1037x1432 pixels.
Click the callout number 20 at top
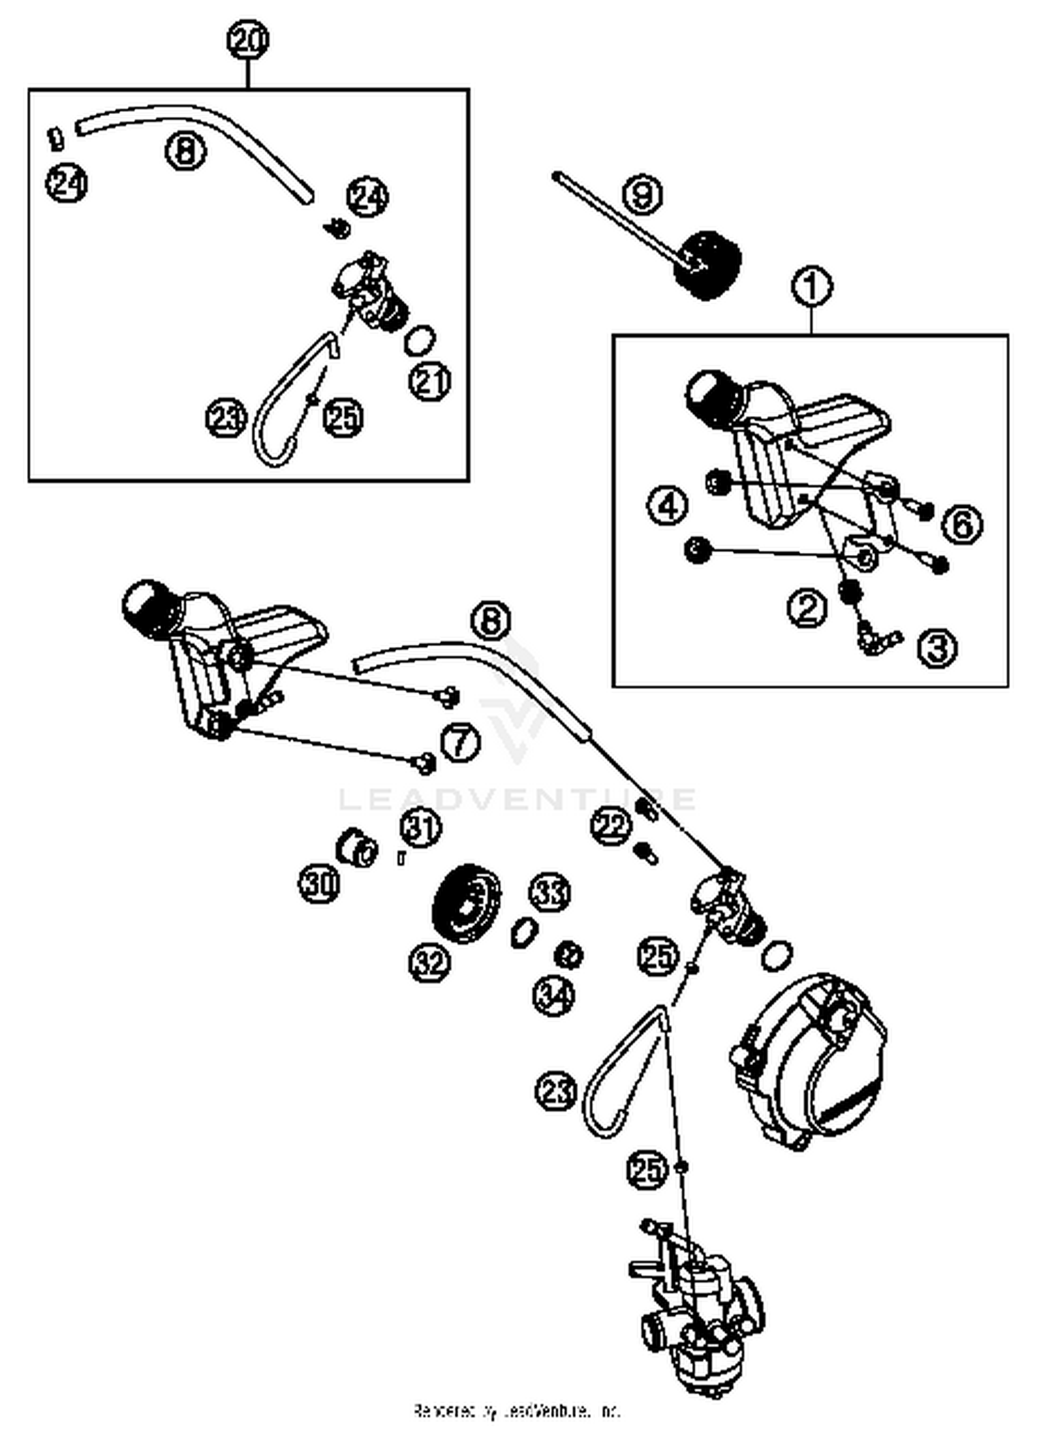[248, 40]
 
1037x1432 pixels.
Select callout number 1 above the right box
[812, 286]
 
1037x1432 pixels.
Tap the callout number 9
[642, 194]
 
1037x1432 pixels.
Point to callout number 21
[430, 381]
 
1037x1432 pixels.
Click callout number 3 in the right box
[938, 648]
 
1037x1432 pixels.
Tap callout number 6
[963, 525]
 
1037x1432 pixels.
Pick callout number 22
[611, 826]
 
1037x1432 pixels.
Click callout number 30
[319, 883]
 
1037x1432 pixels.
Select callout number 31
[421, 827]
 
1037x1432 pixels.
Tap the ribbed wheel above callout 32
[465, 903]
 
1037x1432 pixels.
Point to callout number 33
[550, 894]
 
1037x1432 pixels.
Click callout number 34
[554, 996]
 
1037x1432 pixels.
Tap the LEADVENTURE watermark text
[516, 800]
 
